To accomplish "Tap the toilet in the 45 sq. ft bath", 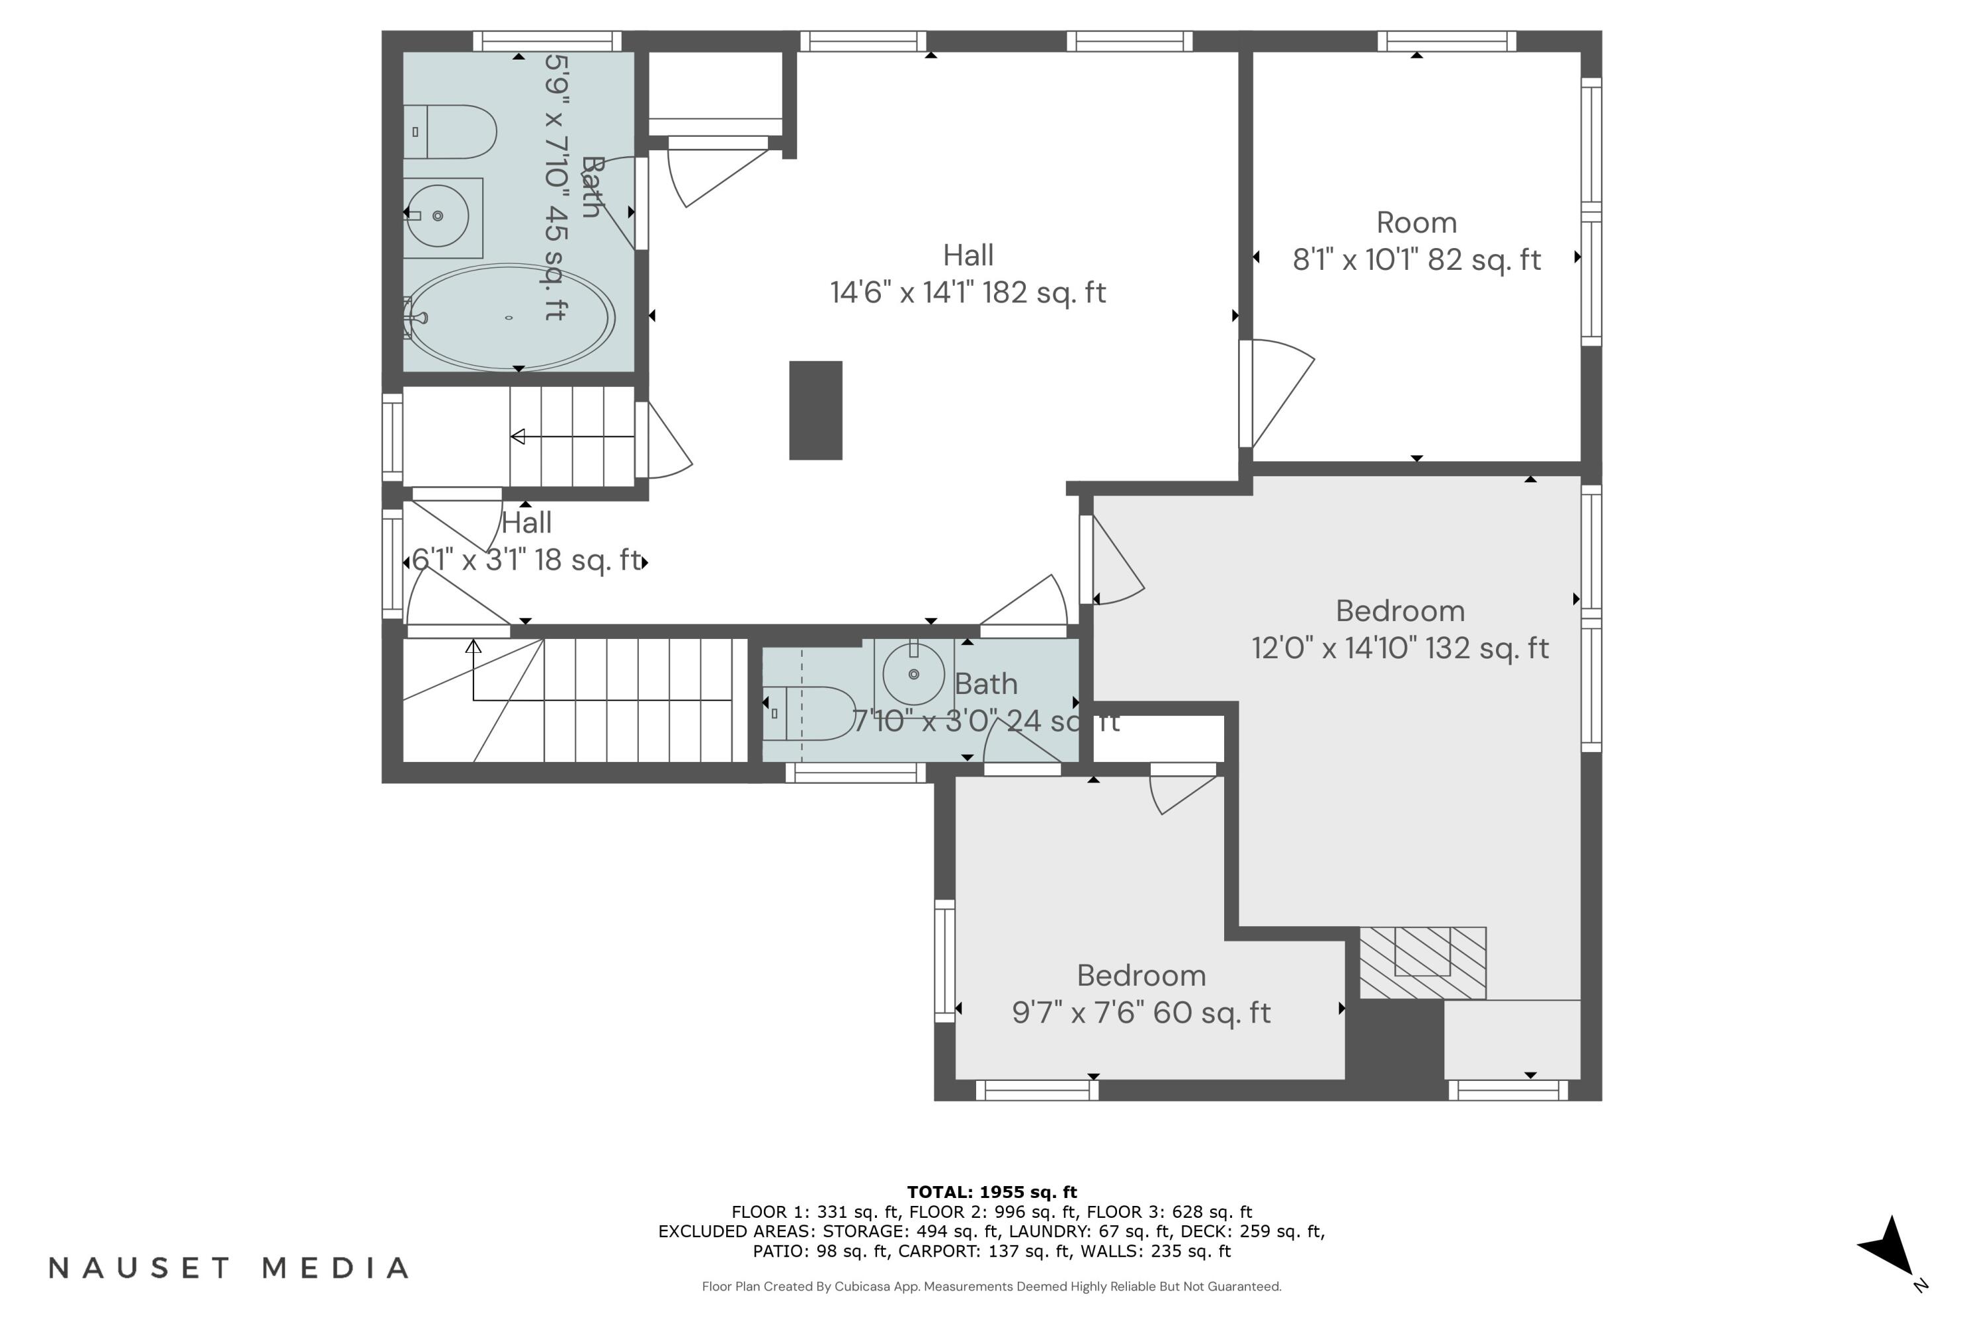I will (x=451, y=132).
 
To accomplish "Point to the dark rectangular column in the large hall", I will (x=815, y=410).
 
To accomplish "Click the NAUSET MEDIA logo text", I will (x=229, y=1267).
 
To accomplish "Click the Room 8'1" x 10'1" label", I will (x=1417, y=241).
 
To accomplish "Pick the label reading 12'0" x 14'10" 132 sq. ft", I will (x=1399, y=648).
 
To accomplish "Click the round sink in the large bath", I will (x=437, y=216).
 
